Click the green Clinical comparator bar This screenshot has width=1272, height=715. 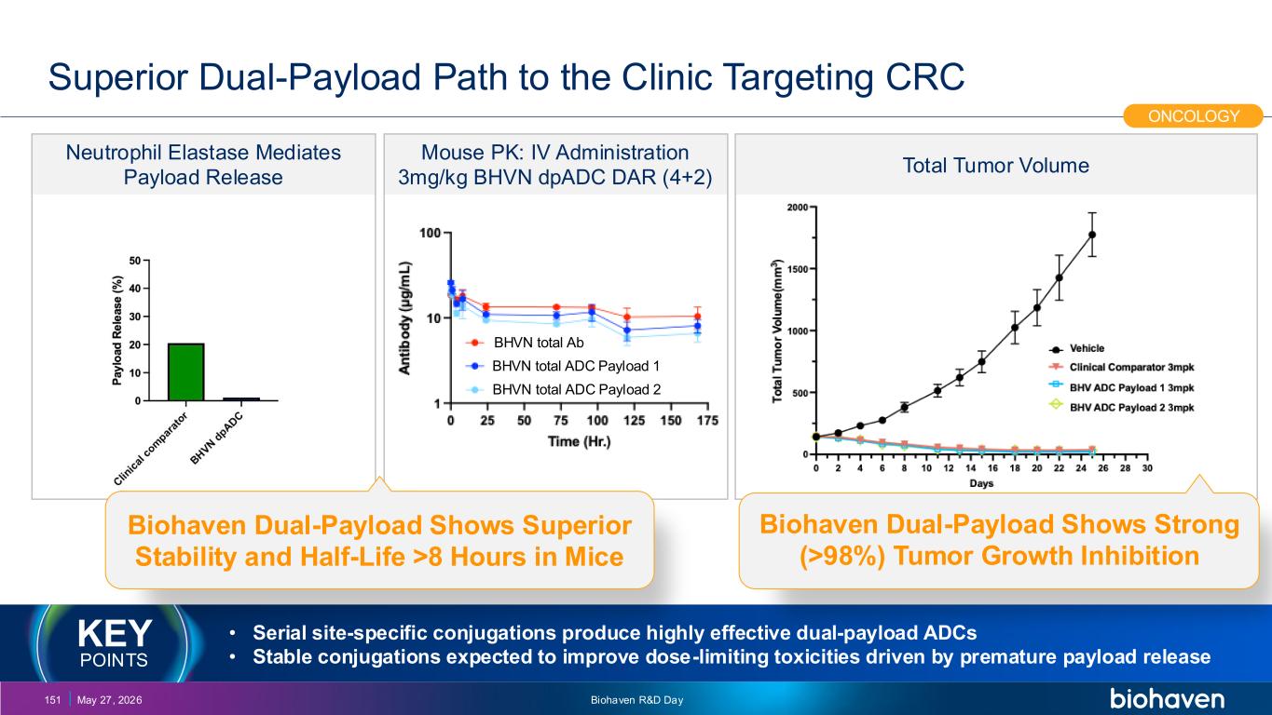pos(185,371)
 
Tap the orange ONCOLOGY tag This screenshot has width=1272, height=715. pos(1193,115)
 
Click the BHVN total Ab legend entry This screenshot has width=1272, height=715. pos(525,343)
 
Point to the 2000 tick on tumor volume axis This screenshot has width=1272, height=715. pos(798,207)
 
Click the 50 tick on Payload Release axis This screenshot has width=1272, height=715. pos(135,261)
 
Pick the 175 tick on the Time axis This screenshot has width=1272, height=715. pos(707,421)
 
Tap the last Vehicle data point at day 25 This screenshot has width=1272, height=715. pos(1091,235)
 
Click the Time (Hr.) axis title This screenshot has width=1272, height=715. pos(579,441)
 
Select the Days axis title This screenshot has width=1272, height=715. pos(981,483)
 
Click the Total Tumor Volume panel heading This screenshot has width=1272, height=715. pos(995,165)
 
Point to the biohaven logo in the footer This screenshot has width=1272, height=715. pos(1167,698)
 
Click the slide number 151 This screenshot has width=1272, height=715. pos(52,700)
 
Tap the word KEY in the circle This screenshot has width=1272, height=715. pos(115,633)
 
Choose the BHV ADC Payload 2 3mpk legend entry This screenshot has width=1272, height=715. pos(1122,408)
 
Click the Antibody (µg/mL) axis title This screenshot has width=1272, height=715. pos(404,317)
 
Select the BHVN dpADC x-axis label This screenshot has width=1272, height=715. pos(216,438)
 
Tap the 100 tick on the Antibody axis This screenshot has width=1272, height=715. pos(430,233)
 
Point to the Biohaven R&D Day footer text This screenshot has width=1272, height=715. pos(636,700)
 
